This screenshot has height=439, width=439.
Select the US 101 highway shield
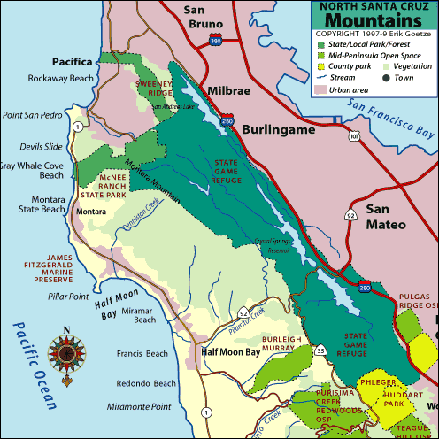point(354,137)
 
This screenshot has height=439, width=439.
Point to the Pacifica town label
point(73,62)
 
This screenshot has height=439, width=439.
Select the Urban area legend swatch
point(321,89)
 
